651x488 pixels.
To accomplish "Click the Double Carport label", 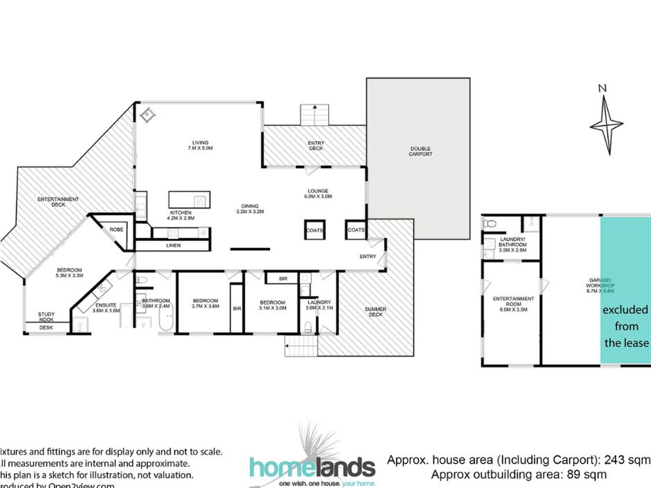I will coord(420,151).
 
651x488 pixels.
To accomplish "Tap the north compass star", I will coord(607,125).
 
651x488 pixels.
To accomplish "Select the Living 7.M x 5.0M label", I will coord(200,146).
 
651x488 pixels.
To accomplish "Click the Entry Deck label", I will coord(316,146).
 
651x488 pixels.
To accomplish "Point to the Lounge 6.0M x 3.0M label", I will coord(318,193).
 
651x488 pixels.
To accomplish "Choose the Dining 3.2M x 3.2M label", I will coord(250,209).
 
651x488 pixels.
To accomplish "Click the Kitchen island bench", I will coord(189,200).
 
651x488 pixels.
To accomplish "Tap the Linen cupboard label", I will coord(173,245).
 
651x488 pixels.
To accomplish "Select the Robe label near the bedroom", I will coord(116,229).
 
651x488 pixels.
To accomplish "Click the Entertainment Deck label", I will coord(58,202).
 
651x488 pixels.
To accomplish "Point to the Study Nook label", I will coord(46,317).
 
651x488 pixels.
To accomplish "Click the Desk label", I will coord(46,328).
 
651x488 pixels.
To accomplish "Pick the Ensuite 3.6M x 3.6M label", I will coord(106,308).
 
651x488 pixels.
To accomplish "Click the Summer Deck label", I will coord(376,312).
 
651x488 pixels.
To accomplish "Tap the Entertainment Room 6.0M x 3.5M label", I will coord(513,304).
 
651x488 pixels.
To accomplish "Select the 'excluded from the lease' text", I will coord(626,326).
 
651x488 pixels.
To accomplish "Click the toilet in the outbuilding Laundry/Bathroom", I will coord(490,224).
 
